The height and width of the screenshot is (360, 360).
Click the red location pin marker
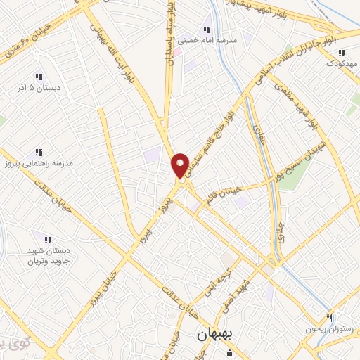pyautogui.click(x=180, y=166)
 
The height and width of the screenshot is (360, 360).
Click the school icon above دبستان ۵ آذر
pyautogui.click(x=39, y=77)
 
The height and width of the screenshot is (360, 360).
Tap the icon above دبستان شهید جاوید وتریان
pyautogui.click(x=49, y=240)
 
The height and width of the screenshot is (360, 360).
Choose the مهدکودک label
pyautogui.click(x=342, y=64)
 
